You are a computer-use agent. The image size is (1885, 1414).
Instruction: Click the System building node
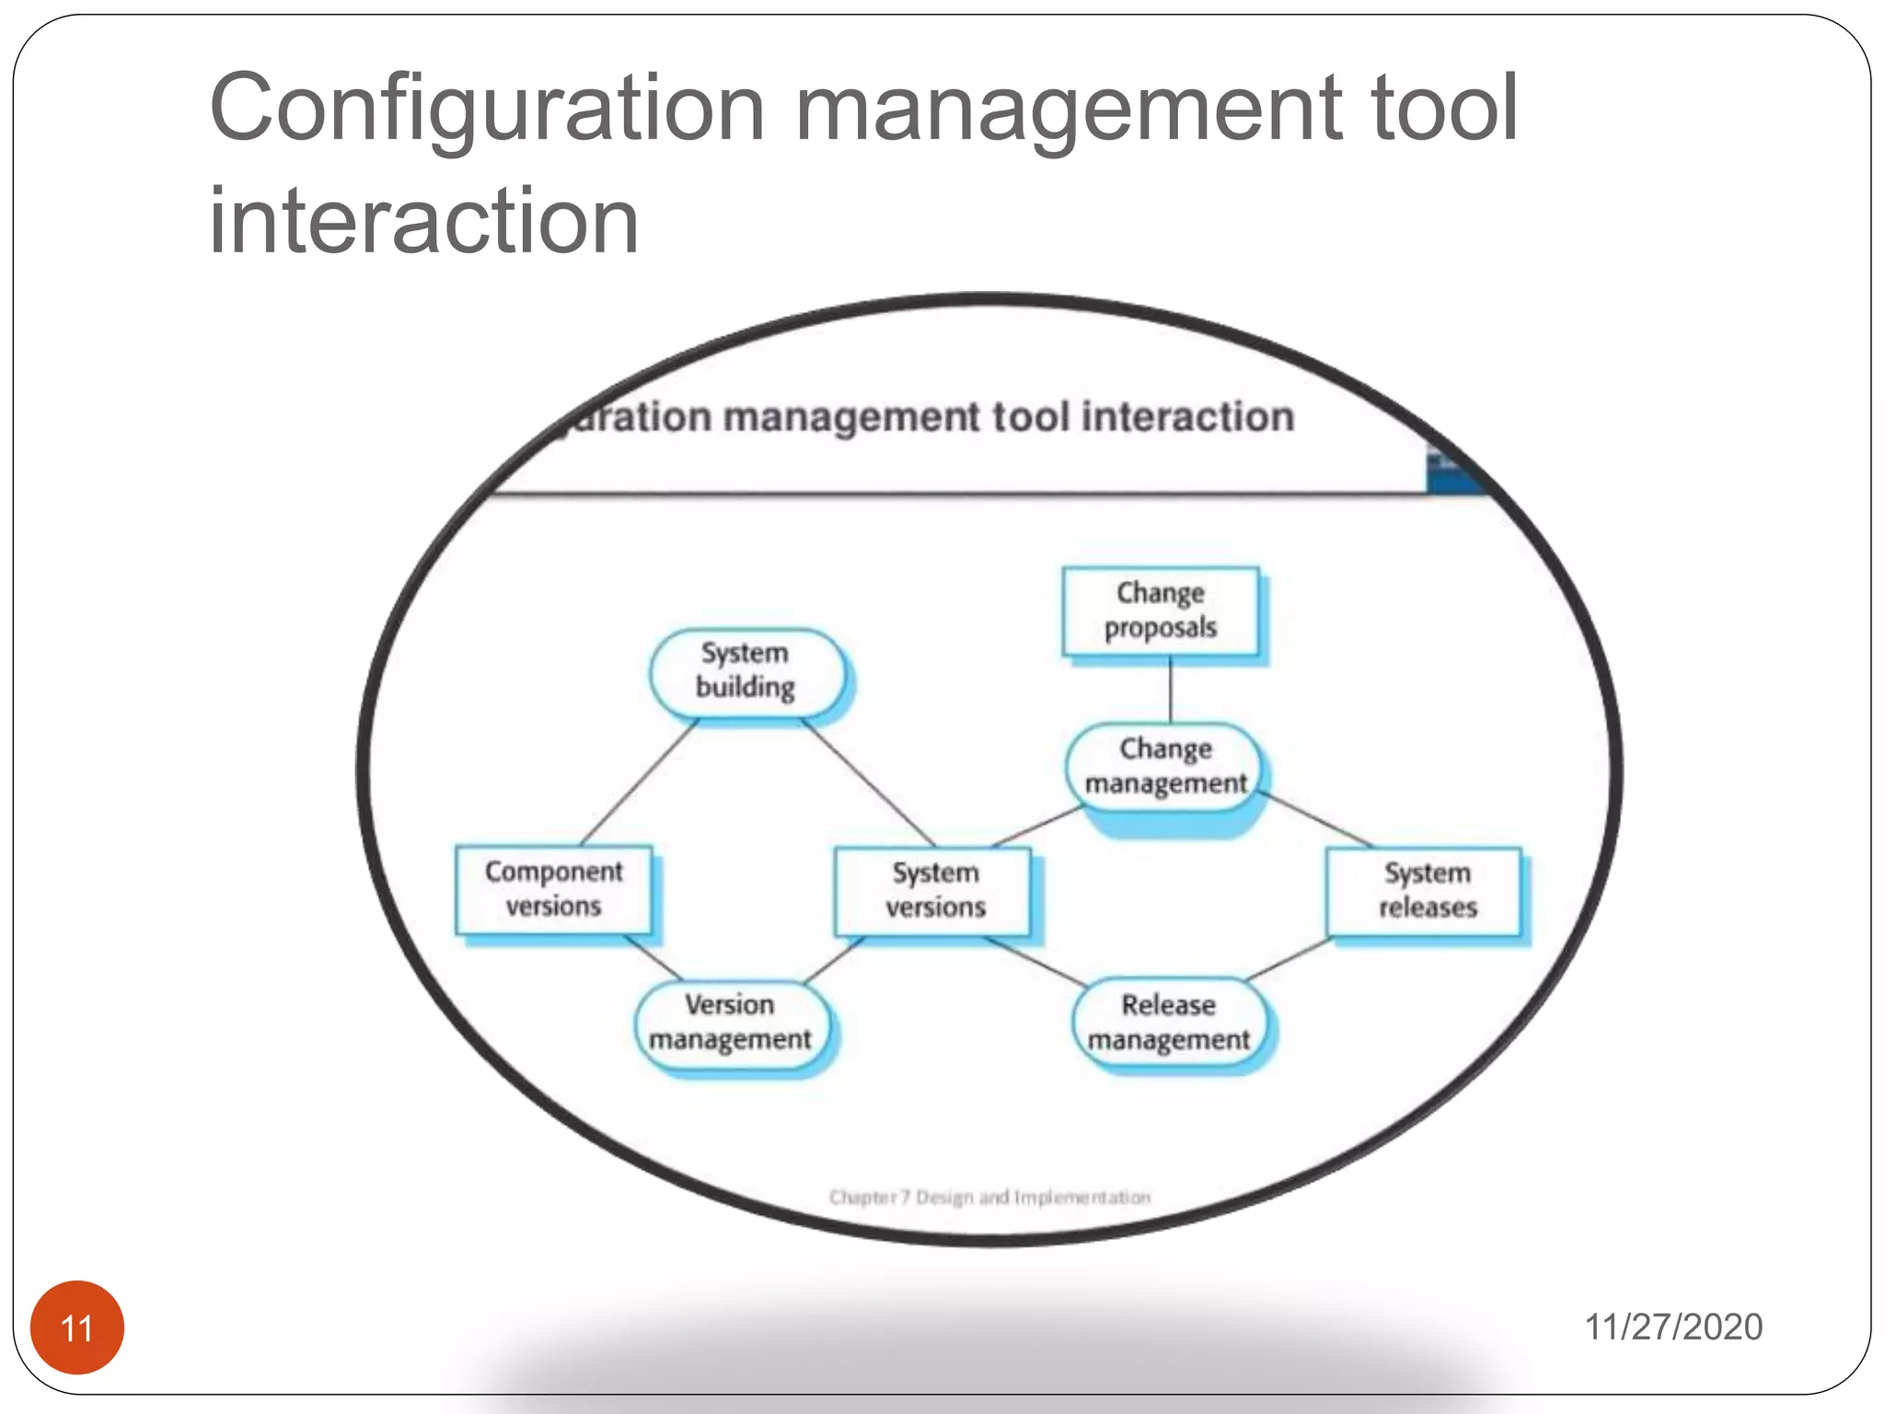[746, 671]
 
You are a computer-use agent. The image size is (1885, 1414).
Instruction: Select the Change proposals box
[1161, 611]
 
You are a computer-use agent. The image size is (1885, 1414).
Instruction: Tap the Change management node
[1164, 766]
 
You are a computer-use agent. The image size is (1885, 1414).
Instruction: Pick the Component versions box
[554, 889]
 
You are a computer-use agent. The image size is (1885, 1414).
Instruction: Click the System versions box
[933, 890]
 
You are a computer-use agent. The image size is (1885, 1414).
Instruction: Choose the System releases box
[1425, 890]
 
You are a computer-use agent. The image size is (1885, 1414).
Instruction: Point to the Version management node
[731, 1023]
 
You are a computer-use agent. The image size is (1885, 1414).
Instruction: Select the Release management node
[1168, 1023]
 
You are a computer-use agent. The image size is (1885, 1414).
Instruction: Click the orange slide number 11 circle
[77, 1327]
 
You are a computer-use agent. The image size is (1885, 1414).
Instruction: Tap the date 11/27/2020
[1672, 1327]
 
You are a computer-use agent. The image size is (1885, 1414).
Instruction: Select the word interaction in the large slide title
[423, 221]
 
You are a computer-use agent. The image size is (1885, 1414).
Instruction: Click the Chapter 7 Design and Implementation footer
[989, 1197]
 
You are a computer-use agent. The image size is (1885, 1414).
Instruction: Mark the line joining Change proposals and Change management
[1170, 690]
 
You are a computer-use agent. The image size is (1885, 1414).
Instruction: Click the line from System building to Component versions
[639, 782]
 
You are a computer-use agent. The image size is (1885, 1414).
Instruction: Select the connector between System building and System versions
[869, 782]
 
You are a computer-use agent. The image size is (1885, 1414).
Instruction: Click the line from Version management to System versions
[834, 960]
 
